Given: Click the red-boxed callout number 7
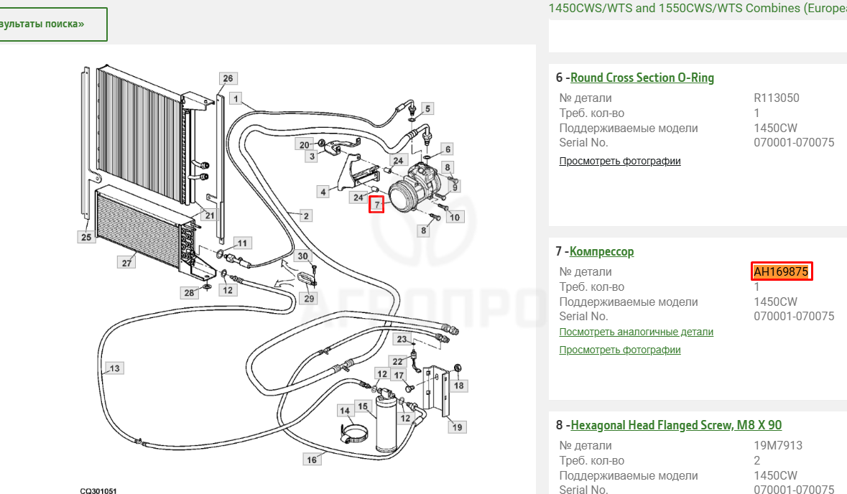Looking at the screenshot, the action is [376, 205].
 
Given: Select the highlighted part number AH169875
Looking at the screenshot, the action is [781, 271].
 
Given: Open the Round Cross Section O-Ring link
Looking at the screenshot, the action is [642, 78].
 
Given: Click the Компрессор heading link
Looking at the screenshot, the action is [601, 251].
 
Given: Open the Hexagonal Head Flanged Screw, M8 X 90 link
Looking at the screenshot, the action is [676, 426].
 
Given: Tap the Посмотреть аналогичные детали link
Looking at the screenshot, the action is [636, 332].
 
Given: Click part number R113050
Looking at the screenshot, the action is [776, 98].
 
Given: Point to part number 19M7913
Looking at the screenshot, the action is [778, 446].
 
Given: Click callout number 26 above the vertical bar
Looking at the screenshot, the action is [228, 78].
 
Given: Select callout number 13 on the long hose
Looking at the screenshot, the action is [114, 368].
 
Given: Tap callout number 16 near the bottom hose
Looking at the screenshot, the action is [312, 460].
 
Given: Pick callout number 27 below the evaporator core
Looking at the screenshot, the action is [126, 263].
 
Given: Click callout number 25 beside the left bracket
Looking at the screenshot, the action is [86, 236].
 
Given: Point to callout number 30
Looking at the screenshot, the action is [302, 256].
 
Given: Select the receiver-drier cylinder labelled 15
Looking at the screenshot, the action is [387, 423].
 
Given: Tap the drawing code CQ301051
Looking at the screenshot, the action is [98, 490].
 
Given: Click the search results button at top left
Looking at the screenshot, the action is [53, 24].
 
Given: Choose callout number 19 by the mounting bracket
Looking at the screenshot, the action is [457, 427].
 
